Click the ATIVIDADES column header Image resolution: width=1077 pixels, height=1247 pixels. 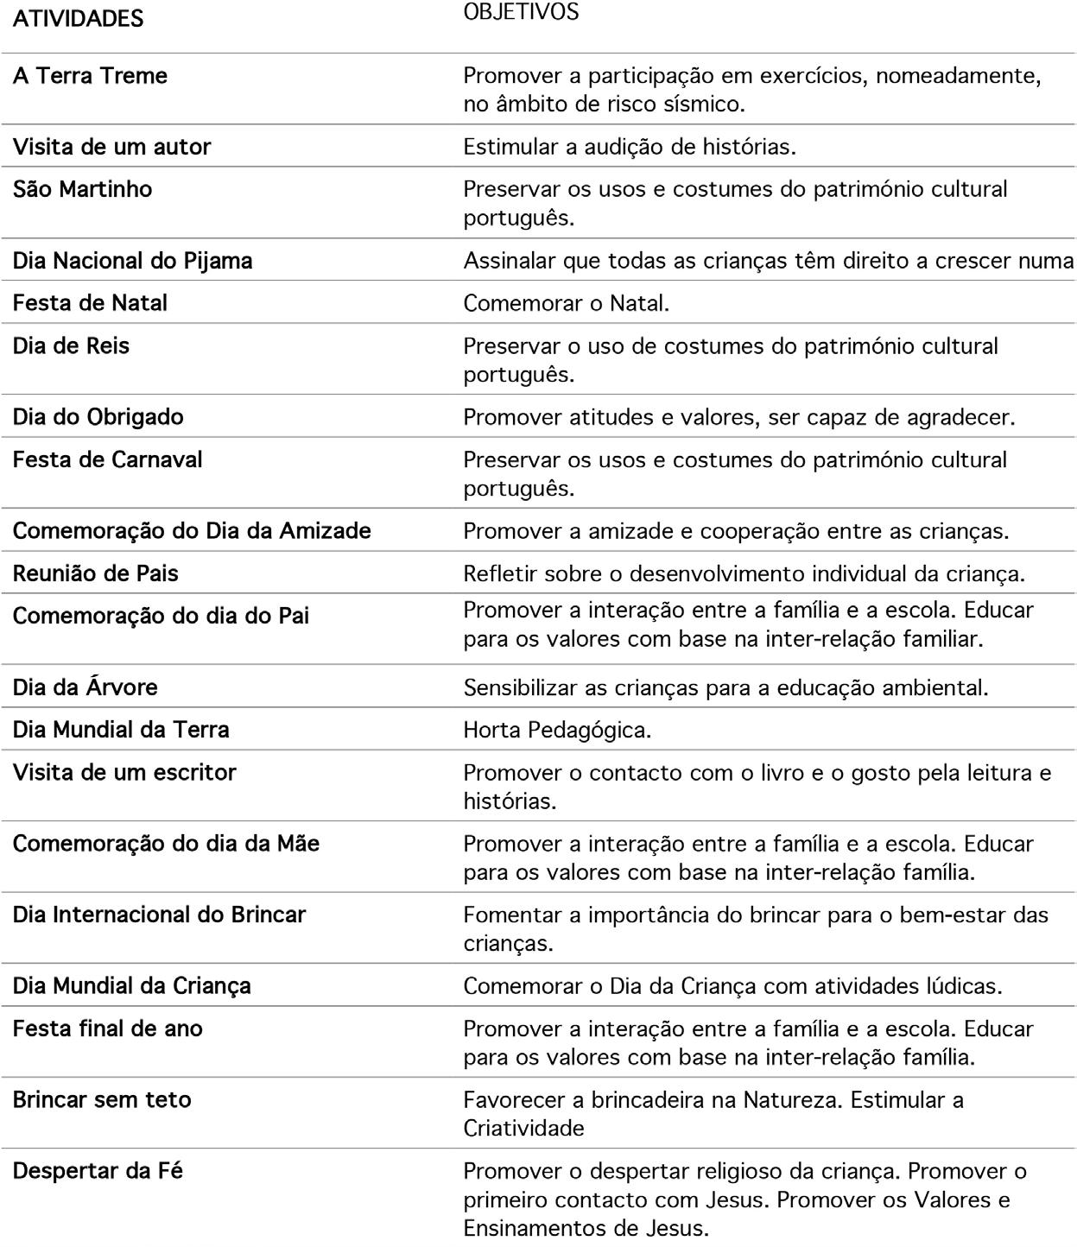tap(78, 19)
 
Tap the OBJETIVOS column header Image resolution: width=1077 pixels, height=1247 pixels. tap(521, 12)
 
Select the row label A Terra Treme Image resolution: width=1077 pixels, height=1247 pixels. tap(90, 76)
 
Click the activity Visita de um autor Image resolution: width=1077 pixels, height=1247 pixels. tap(111, 147)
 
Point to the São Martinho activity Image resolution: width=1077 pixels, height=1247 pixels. tap(82, 189)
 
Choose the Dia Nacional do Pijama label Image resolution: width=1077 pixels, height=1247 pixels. tap(132, 261)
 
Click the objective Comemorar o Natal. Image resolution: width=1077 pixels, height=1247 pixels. tap(566, 303)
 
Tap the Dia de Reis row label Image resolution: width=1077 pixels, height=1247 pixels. tap(71, 346)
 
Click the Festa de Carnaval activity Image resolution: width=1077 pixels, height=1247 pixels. tap(107, 459)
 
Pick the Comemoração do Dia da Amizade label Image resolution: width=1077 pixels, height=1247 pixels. tap(192, 531)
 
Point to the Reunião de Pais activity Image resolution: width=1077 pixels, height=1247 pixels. tap(96, 573)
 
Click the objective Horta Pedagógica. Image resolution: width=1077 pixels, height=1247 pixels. tap(557, 731)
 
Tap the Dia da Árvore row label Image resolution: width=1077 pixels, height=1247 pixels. tap(85, 687)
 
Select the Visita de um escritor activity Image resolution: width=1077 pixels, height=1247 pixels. tap(124, 773)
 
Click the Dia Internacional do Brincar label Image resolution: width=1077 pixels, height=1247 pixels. tap(159, 915)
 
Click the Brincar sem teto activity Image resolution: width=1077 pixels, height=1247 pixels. tap(102, 1100)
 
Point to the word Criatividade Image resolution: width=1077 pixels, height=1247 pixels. tap(523, 1129)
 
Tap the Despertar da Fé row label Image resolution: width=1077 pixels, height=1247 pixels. tap(98, 1172)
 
